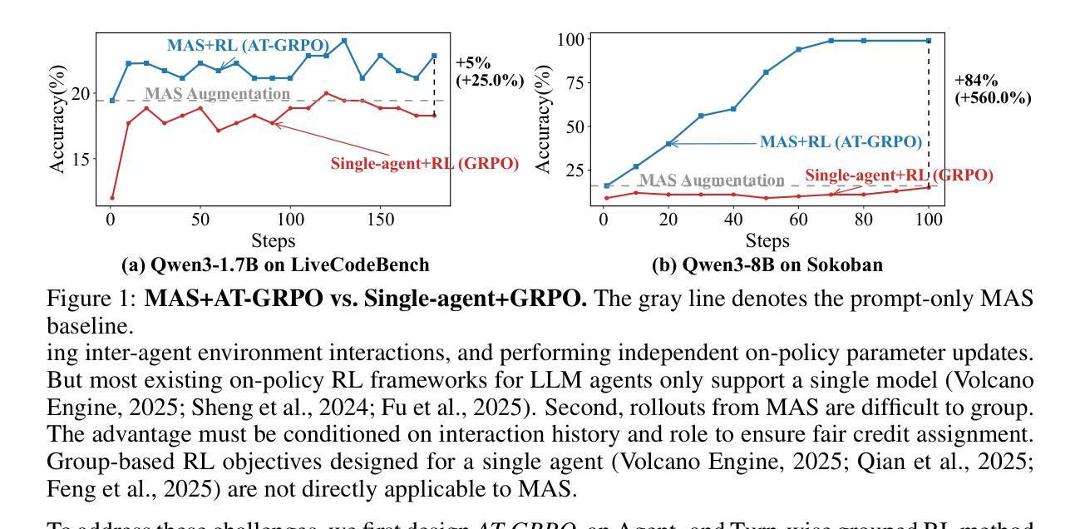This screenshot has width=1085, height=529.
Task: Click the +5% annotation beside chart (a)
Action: pyautogui.click(x=473, y=63)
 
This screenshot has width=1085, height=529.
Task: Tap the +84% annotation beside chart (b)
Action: pyautogui.click(x=976, y=81)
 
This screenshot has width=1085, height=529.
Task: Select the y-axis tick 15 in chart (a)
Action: pyautogui.click(x=81, y=159)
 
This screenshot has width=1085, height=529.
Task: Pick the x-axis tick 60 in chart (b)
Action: pyautogui.click(x=798, y=220)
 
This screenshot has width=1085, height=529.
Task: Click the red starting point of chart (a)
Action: pyautogui.click(x=112, y=198)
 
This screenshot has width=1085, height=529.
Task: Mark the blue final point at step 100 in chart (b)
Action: pyautogui.click(x=929, y=41)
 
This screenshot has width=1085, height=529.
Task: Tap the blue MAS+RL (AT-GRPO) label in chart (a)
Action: pyautogui.click(x=248, y=45)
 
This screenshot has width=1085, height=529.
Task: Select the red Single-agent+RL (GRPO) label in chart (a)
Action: pyautogui.click(x=424, y=164)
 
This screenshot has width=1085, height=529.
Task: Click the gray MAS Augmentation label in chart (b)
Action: pyautogui.click(x=711, y=180)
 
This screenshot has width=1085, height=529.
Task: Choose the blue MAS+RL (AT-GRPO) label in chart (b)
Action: pyautogui.click(x=840, y=142)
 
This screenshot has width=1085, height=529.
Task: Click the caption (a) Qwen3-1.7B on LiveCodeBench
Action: pyautogui.click(x=275, y=265)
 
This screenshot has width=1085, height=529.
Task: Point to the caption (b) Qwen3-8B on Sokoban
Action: pyautogui.click(x=768, y=265)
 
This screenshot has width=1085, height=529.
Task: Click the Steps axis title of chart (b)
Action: pyautogui.click(x=767, y=241)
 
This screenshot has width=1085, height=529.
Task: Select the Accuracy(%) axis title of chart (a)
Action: pyautogui.click(x=57, y=121)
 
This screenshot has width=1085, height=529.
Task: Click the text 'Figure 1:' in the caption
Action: pyautogui.click(x=91, y=299)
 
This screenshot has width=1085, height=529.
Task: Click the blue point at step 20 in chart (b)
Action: pyautogui.click(x=668, y=143)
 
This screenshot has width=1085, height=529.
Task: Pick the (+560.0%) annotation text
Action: pyautogui.click(x=993, y=98)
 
